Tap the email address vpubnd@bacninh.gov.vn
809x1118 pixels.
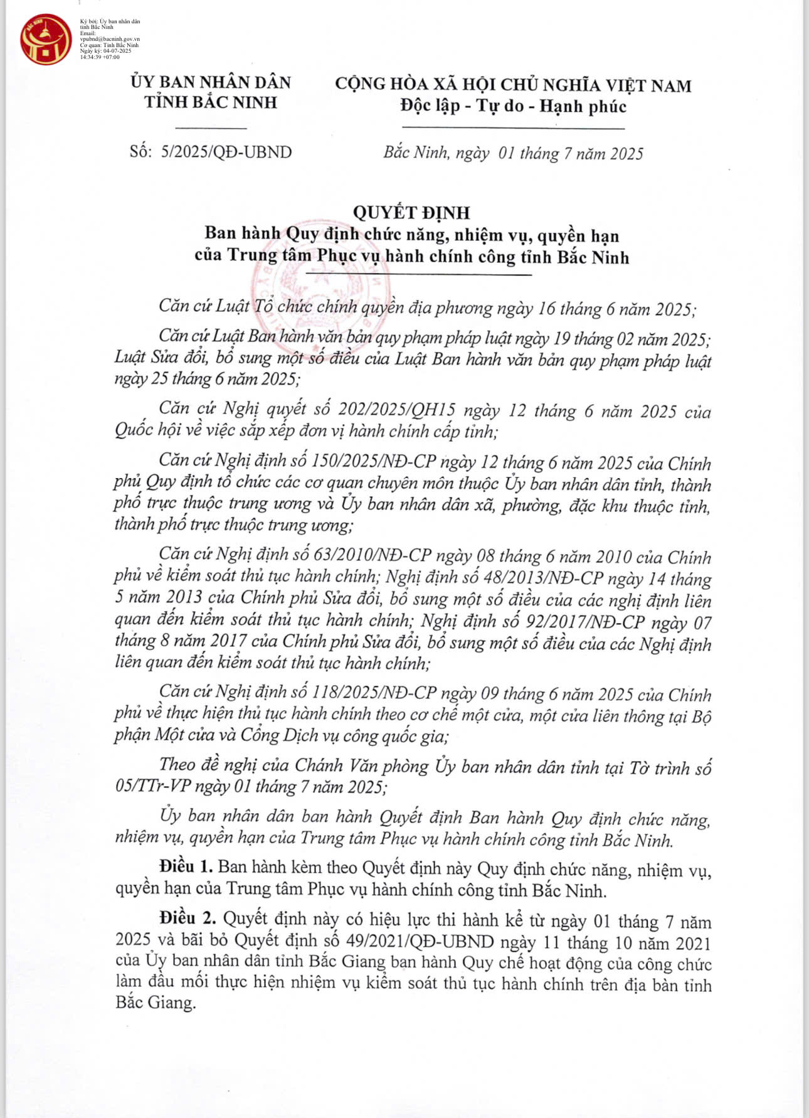[x=110, y=39]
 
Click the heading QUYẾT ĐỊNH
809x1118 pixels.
[x=411, y=213]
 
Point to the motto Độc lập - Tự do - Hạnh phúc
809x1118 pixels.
[x=513, y=106]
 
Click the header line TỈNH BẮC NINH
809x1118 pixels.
[x=211, y=102]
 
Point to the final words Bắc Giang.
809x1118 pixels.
[x=156, y=1003]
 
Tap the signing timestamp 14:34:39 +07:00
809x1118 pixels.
[x=100, y=57]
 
